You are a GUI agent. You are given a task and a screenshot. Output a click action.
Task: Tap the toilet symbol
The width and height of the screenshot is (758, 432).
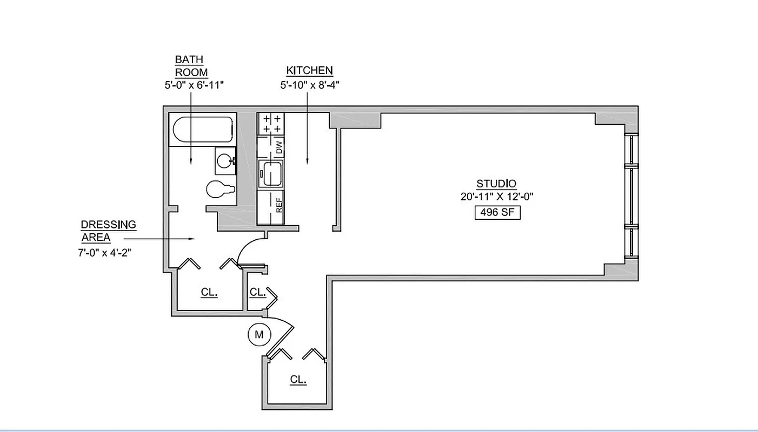[220, 190]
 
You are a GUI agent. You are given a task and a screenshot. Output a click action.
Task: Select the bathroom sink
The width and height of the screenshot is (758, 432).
[225, 160]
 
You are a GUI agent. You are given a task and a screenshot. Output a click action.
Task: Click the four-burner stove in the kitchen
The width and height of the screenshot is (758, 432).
[271, 124]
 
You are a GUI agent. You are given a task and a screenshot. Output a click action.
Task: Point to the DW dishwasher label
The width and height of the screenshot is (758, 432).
[280, 147]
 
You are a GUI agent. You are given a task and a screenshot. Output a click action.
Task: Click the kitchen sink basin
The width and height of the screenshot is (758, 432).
[270, 174]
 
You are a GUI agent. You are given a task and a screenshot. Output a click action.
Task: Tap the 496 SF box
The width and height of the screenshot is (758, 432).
[497, 212]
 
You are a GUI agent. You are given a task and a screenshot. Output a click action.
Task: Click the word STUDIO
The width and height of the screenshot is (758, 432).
[496, 184]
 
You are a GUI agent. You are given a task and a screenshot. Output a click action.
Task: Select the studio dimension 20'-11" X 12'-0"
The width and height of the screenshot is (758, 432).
[496, 197]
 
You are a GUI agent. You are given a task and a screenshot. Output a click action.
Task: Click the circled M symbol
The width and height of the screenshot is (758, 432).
[259, 334]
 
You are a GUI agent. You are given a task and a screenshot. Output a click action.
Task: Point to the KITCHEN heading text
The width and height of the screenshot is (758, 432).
[309, 71]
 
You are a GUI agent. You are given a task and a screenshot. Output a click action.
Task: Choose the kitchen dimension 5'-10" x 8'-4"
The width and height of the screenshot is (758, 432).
[309, 85]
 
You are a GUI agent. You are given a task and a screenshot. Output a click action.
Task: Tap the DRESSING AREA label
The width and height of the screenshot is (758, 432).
[108, 231]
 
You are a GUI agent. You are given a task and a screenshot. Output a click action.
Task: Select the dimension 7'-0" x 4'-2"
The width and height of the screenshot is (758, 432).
[104, 252]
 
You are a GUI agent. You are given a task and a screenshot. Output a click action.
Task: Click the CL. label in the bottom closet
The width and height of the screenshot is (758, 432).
[298, 380]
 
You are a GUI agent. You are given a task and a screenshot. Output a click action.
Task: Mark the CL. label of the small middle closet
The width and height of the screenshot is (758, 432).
[257, 292]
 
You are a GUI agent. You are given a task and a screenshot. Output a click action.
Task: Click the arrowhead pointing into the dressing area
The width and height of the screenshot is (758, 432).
[191, 238]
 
